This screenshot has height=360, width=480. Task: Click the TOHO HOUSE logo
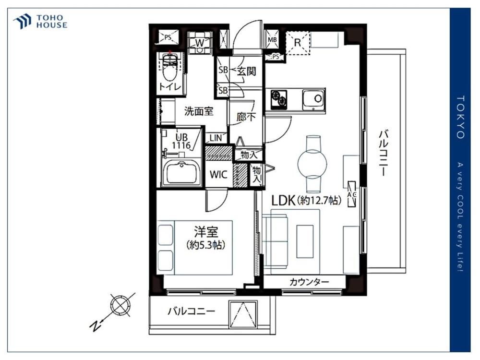coord(40,22)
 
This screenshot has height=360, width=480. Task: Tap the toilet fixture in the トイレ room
coord(170,67)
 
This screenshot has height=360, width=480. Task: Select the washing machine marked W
coord(200,43)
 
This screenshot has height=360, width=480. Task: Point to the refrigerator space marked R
coord(297,42)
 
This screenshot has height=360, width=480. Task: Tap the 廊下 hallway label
coord(246,117)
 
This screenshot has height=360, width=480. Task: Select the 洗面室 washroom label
coord(199,111)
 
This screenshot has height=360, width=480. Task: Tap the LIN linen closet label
coord(216,138)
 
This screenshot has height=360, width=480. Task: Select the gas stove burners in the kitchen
coord(279,98)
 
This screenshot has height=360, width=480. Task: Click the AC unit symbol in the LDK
coord(352,194)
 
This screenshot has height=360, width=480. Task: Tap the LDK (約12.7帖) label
coord(306,201)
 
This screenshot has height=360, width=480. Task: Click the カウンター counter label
coord(309,282)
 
